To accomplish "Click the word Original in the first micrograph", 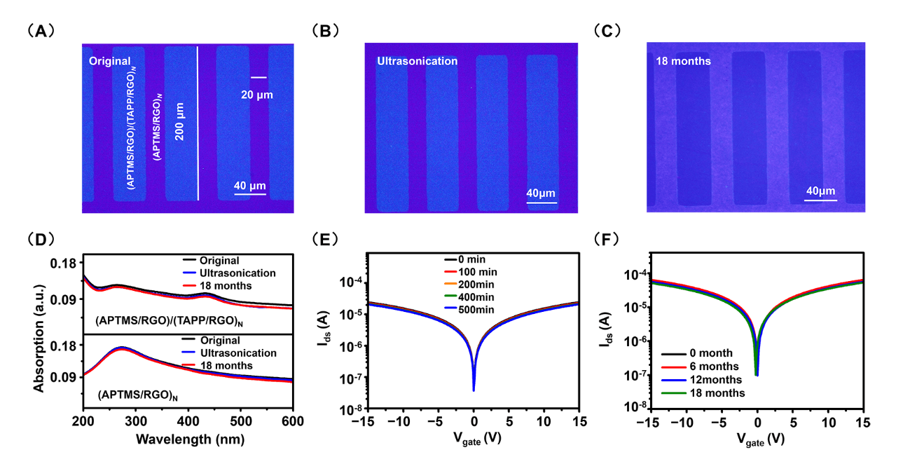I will (x=109, y=61).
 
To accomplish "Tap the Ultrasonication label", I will (x=417, y=61).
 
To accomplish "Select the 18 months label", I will (x=683, y=61).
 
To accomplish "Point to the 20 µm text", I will (x=256, y=95).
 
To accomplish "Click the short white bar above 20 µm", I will (x=258, y=77).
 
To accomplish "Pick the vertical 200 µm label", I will (x=180, y=121).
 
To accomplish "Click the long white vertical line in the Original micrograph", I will (x=198, y=123).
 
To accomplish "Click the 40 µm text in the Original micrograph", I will (x=249, y=186).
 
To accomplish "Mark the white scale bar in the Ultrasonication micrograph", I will (x=541, y=203).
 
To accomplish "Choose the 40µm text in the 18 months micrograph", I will (x=820, y=191).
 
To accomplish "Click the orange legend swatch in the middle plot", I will (x=450, y=283).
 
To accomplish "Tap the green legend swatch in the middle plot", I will (x=450, y=295).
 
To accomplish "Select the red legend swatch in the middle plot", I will (x=450, y=271).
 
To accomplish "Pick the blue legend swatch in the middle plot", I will (x=450, y=308).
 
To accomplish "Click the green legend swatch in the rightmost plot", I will (x=674, y=393).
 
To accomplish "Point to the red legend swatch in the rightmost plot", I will (x=674, y=367).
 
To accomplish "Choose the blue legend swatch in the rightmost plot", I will (x=674, y=380).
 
